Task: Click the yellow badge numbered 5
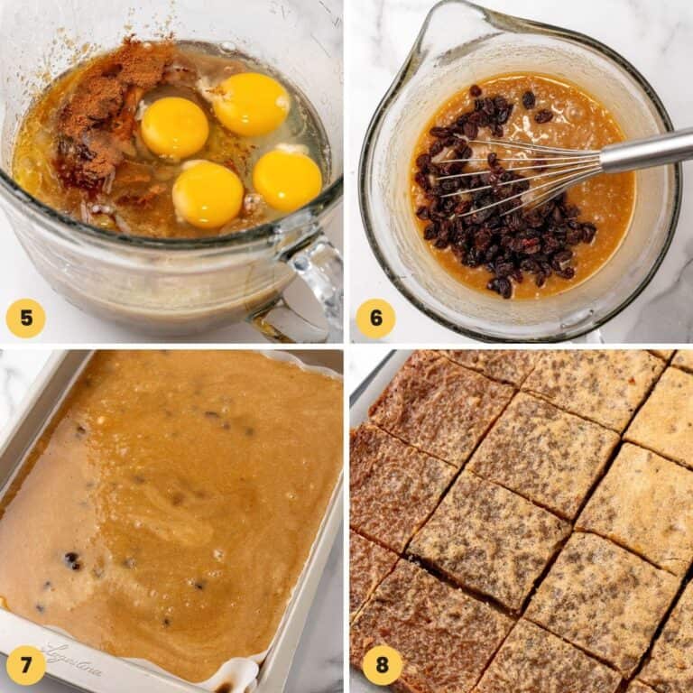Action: pos(25,318)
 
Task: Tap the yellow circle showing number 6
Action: pos(375,318)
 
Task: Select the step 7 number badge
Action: pos(25,665)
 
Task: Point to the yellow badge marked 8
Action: pos(382,665)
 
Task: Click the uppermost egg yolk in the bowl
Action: pos(250,104)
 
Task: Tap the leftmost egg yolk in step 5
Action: pos(174,127)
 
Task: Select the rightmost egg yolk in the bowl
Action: pos(287,180)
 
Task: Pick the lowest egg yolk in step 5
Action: pos(208,194)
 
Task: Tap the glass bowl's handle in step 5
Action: pos(311,280)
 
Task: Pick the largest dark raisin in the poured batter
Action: pos(71,560)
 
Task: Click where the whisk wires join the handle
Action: pos(597,162)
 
